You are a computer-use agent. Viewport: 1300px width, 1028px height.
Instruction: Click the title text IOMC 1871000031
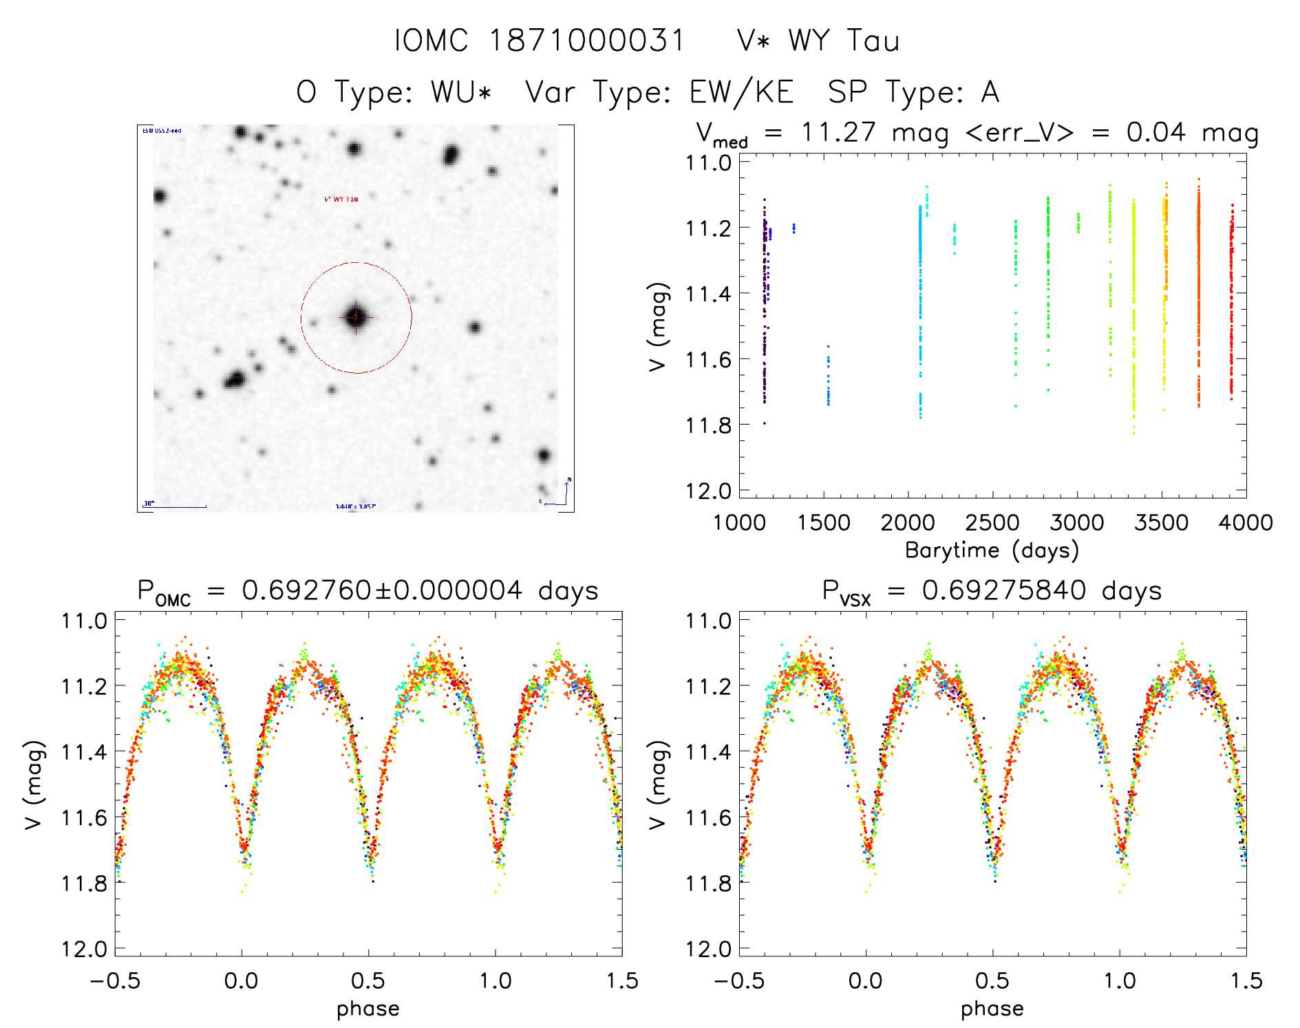pyautogui.click(x=540, y=41)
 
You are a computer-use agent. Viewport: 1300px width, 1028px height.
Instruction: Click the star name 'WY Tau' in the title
pyautogui.click(x=844, y=41)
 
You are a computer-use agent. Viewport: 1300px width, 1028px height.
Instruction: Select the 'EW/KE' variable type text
pyautogui.click(x=741, y=92)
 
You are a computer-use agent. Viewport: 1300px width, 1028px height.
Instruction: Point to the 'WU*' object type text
pyautogui.click(x=461, y=92)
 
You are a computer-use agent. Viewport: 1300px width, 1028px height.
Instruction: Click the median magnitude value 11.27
pyautogui.click(x=838, y=132)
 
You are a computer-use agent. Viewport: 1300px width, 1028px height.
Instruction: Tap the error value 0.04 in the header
pyautogui.click(x=1155, y=132)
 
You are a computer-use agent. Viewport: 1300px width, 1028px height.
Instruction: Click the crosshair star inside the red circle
pyautogui.click(x=356, y=317)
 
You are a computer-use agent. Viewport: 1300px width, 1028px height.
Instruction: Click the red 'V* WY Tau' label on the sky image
pyautogui.click(x=341, y=199)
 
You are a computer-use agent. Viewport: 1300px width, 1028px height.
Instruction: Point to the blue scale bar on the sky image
pyautogui.click(x=175, y=507)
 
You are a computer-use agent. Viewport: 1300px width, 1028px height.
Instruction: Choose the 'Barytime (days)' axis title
pyautogui.click(x=992, y=550)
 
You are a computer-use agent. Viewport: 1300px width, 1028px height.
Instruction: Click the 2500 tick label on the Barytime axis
pyautogui.click(x=992, y=523)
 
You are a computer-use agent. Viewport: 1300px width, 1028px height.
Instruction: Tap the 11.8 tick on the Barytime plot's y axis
pyautogui.click(x=707, y=425)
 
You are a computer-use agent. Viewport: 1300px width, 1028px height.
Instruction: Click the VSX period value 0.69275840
pyautogui.click(x=1004, y=590)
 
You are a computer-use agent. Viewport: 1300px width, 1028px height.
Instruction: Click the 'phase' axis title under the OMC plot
pyautogui.click(x=368, y=1009)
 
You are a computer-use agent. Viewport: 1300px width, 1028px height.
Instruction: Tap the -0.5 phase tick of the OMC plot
pyautogui.click(x=115, y=981)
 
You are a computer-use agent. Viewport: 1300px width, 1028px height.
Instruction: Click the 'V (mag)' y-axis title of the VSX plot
pyautogui.click(x=658, y=784)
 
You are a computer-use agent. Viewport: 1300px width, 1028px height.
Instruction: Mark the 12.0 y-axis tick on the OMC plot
pyautogui.click(x=84, y=950)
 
